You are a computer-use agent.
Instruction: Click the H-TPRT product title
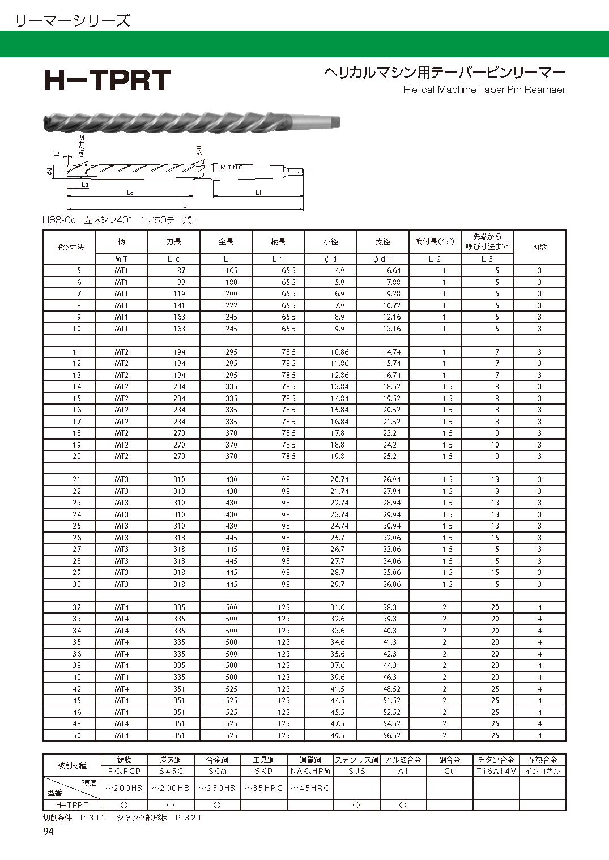tap(107, 80)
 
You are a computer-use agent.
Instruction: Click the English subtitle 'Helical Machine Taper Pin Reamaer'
tap(484, 90)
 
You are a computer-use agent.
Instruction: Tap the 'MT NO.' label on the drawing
tap(232, 168)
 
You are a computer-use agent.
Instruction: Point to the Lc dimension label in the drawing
tap(130, 193)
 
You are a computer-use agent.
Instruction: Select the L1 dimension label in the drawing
tap(258, 193)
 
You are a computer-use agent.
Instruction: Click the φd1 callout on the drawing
tap(199, 151)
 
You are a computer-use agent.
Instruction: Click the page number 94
tap(48, 832)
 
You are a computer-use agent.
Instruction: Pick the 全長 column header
tap(226, 241)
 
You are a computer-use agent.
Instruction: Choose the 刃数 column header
tap(539, 247)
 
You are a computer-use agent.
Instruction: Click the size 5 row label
tap(79, 271)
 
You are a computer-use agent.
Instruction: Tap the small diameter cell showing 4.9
tap(339, 271)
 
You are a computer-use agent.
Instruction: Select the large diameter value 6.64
tap(393, 271)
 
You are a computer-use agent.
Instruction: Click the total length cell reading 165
tap(231, 271)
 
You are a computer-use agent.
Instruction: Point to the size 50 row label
tap(76, 735)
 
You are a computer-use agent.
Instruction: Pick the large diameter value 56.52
tap(391, 735)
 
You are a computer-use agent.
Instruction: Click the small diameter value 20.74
tap(339, 480)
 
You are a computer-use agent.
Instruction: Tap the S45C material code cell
tap(171, 771)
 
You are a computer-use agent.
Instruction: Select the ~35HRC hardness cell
tap(263, 788)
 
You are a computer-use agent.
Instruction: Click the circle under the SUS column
tap(356, 805)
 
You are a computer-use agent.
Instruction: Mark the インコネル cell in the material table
tap(542, 771)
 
